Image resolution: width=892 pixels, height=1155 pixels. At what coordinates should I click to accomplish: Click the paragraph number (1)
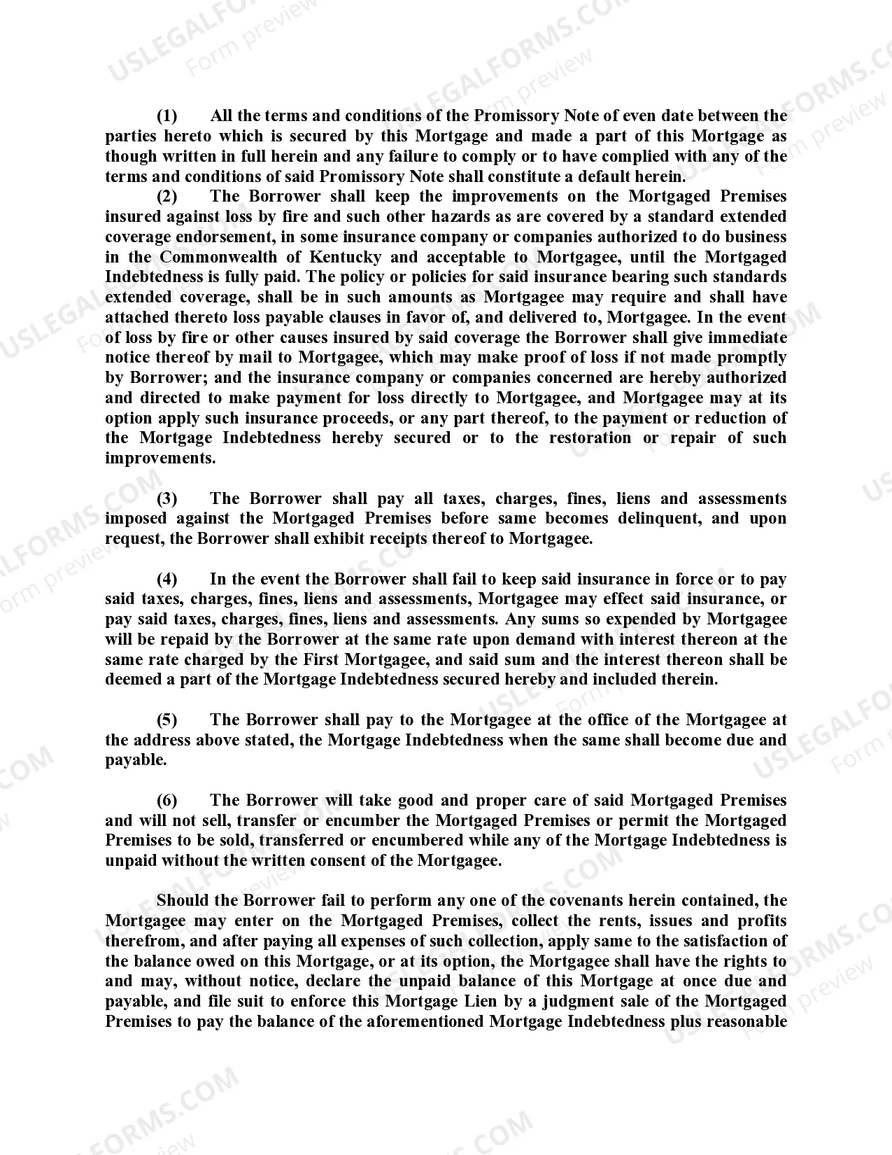[x=167, y=115]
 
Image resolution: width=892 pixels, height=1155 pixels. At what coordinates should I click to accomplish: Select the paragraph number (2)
[x=167, y=196]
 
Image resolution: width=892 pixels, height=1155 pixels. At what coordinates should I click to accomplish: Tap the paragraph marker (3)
[x=167, y=498]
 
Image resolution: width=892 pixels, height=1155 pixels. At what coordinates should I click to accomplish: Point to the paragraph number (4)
[x=167, y=579]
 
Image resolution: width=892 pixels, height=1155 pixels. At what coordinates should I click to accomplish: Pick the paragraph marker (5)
[x=167, y=720]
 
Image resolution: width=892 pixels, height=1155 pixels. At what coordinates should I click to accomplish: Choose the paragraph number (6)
[x=167, y=800]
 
